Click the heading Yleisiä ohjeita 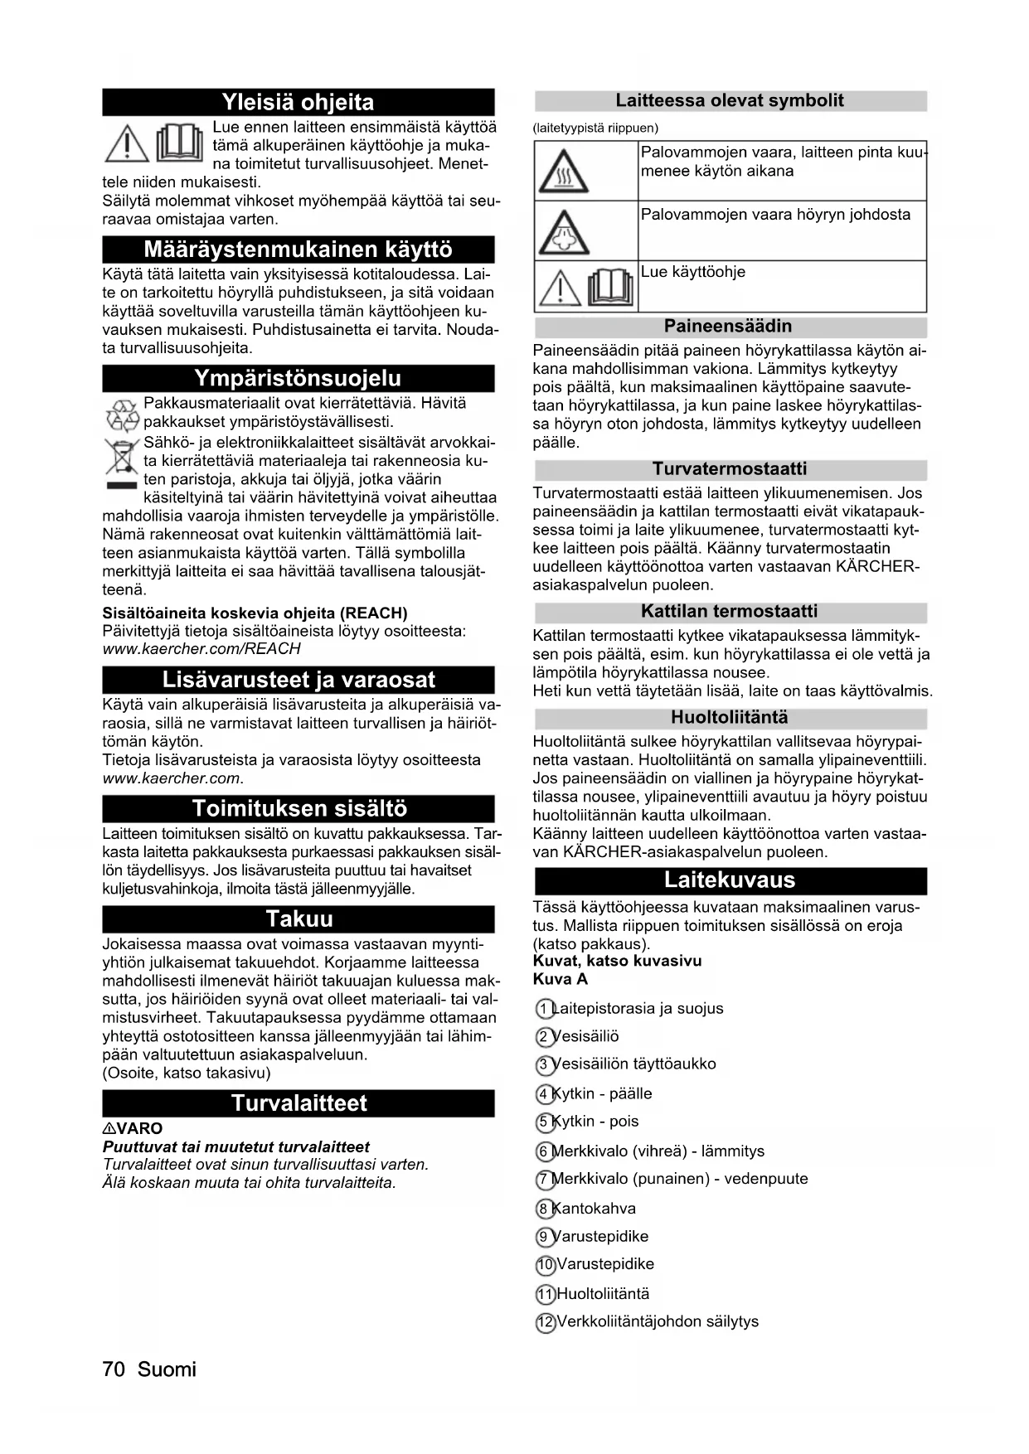[298, 102]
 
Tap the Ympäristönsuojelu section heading [298, 378]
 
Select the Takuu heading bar [298, 918]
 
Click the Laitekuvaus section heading [730, 880]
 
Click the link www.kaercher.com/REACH [201, 649]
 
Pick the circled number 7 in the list [544, 1180]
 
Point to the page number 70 [114, 1369]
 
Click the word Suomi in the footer [167, 1369]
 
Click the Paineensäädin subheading [728, 326]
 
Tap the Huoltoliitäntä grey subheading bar [730, 717]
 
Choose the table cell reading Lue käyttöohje [693, 272]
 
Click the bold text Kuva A [561, 979]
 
